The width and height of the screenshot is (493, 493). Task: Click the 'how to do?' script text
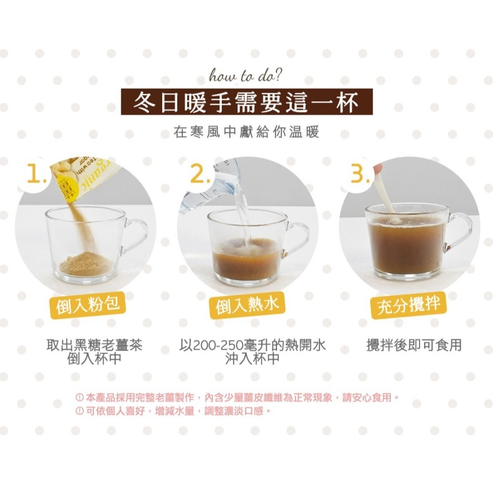[246, 77]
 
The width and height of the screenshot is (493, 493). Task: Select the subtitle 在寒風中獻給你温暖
[246, 132]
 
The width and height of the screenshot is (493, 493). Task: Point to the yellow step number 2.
[199, 174]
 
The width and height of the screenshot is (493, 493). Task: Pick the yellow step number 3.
[360, 174]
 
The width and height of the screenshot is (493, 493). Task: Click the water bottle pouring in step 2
[207, 185]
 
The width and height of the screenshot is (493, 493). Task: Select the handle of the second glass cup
[296, 239]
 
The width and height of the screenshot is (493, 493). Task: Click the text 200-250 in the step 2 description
[217, 345]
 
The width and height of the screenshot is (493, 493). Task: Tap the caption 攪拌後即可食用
[414, 345]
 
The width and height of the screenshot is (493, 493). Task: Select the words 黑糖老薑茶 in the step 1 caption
[110, 345]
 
